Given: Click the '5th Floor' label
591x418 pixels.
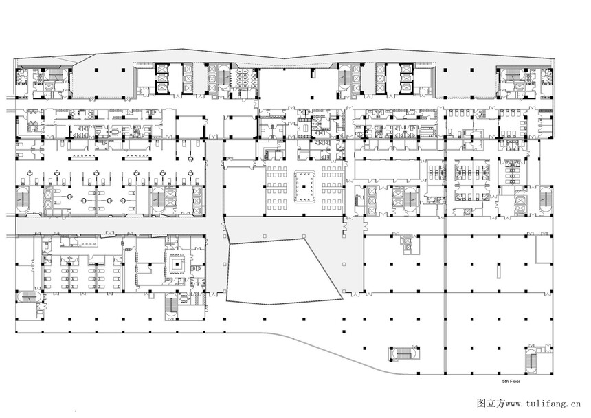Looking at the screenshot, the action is (x=511, y=382).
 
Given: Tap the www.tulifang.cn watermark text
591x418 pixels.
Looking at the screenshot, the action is (x=543, y=404).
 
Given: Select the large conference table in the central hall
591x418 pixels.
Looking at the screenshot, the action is (x=305, y=186).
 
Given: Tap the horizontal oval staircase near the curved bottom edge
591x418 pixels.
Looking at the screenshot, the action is (x=403, y=354).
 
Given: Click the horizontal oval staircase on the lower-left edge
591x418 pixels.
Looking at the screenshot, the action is (x=29, y=297).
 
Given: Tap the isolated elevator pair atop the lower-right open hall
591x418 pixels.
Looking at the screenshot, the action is (x=407, y=244).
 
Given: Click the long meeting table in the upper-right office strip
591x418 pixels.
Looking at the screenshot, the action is (x=427, y=131).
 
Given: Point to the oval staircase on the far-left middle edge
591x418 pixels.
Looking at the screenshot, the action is (x=22, y=199).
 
